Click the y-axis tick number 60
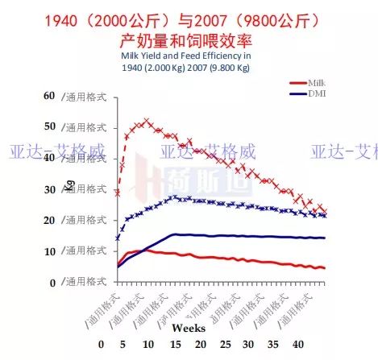pyautogui.click(x=50, y=96)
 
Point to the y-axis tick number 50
pyautogui.click(x=50, y=127)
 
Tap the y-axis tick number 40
pyautogui.click(x=50, y=159)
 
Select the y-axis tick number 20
pyautogui.click(x=50, y=221)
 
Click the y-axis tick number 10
pyautogui.click(x=50, y=251)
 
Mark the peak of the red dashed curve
pyautogui.click(x=146, y=121)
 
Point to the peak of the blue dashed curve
pyautogui.click(x=174, y=197)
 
